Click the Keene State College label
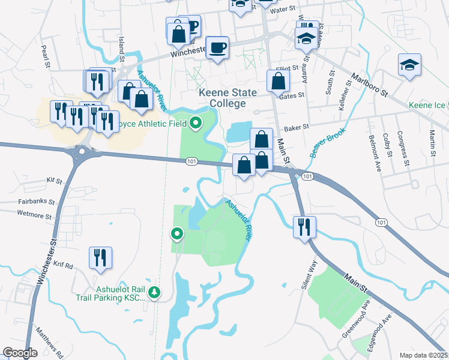(x=228, y=98)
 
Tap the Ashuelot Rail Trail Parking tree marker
(x=155, y=292)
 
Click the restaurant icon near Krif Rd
(x=100, y=257)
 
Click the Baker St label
(x=296, y=127)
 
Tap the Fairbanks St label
(x=36, y=202)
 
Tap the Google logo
(x=20, y=353)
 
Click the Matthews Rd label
(x=49, y=343)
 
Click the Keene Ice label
(x=427, y=106)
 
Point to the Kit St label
(x=54, y=180)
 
